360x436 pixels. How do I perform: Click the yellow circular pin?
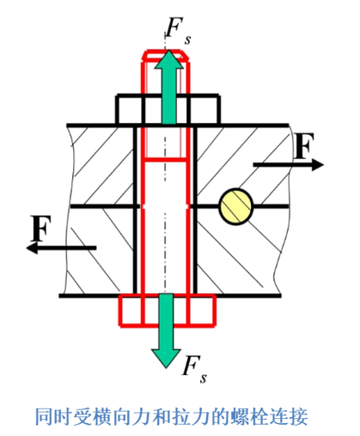point(236,206)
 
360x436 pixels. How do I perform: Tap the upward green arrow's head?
point(169,60)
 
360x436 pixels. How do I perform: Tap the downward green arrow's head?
point(166,359)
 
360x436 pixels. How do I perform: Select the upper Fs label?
point(178,31)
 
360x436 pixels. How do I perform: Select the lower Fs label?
point(195,369)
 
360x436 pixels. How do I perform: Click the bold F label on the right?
point(304,146)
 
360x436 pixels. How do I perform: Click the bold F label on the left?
point(41,229)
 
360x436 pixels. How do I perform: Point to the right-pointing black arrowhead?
point(318,165)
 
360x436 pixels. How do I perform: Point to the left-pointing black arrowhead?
point(33,248)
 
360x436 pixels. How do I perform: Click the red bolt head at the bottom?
point(168,310)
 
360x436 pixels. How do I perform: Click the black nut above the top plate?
point(168,110)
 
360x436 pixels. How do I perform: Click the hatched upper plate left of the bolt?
point(101,165)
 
